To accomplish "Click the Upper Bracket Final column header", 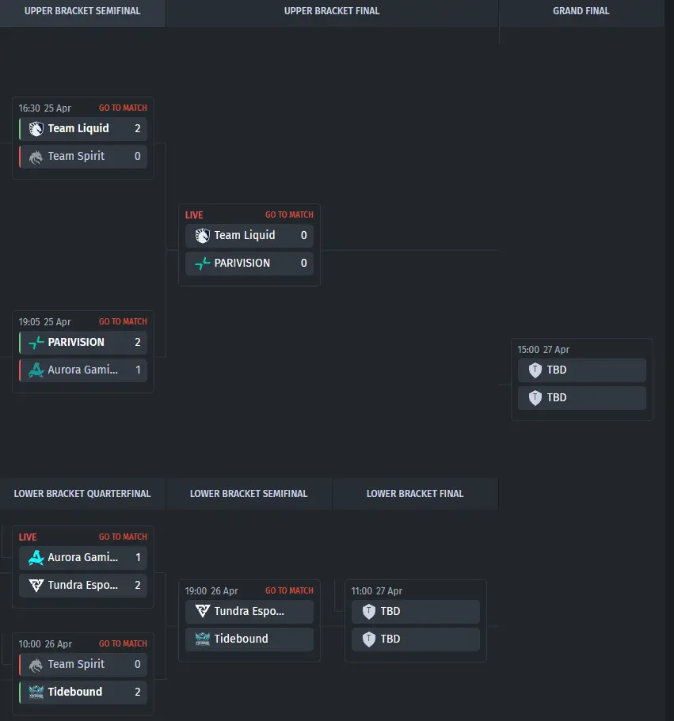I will [332, 11].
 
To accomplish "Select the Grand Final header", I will [581, 11].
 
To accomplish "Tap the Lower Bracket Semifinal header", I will [249, 494].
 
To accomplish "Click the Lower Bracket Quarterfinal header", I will [82, 494].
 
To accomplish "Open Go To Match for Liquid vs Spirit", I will [123, 108].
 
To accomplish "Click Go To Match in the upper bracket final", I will [289, 214].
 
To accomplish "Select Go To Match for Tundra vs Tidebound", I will [289, 590].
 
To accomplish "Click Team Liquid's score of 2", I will [137, 128].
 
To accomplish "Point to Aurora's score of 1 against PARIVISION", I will [137, 370].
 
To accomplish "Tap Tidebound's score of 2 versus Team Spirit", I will [137, 692].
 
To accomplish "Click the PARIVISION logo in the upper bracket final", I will [203, 263].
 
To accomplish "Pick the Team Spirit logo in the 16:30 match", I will [36, 157].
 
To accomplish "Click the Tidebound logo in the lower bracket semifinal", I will [203, 639].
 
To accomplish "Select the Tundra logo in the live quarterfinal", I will [36, 585].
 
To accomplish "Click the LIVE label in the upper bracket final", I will [194, 214].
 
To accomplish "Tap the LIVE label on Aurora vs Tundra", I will [28, 537].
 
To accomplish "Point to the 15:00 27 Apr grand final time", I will [543, 349].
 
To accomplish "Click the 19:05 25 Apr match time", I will [44, 322].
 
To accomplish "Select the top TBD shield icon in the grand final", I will [535, 370].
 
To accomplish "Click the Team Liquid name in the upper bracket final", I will [245, 235].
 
